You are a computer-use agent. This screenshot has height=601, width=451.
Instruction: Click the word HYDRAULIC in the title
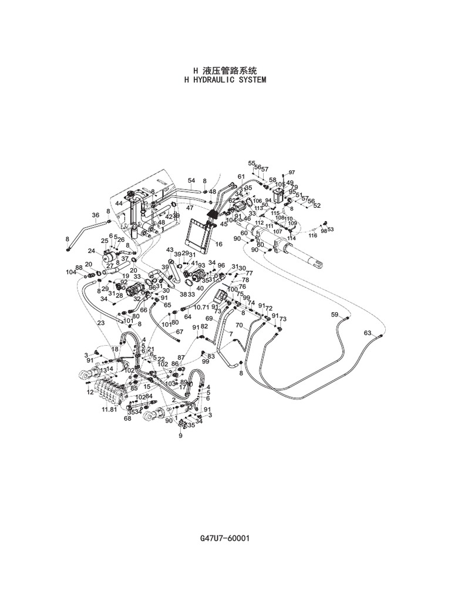click(216, 79)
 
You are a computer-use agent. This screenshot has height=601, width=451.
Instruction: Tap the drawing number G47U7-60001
click(225, 538)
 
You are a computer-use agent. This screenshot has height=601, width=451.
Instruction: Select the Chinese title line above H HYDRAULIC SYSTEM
click(225, 70)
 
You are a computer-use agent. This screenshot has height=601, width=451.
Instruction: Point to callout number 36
click(96, 215)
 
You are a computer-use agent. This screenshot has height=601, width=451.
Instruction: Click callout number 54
click(191, 181)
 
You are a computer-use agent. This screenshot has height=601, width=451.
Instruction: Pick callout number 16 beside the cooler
click(219, 244)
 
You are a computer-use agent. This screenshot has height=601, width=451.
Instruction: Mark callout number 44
click(119, 203)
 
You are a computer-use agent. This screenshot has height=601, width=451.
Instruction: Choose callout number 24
click(92, 251)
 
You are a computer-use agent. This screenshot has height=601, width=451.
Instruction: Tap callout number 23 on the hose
click(101, 322)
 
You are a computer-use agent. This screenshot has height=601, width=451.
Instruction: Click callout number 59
click(334, 315)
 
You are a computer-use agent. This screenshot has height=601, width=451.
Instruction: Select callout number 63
click(368, 333)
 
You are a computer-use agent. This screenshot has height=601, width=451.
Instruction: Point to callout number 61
click(241, 177)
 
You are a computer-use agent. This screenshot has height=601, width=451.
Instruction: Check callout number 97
click(291, 172)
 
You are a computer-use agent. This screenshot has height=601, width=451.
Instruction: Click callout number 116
click(313, 235)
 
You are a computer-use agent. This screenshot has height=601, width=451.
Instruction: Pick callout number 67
click(180, 332)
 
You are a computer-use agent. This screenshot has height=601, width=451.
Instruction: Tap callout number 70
click(239, 325)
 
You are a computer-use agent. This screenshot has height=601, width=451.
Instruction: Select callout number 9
click(180, 435)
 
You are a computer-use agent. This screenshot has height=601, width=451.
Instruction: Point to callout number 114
click(291, 238)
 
